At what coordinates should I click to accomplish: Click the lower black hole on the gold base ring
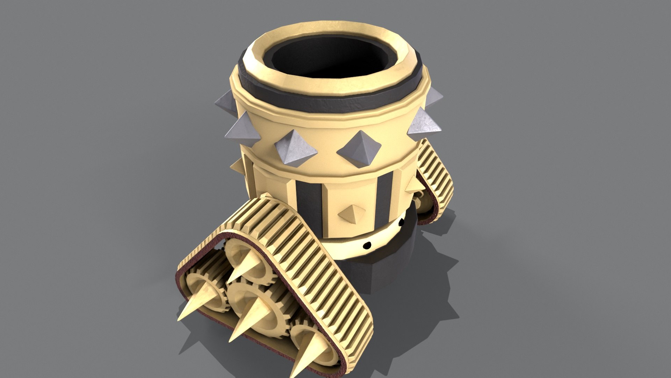click(367, 245)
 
